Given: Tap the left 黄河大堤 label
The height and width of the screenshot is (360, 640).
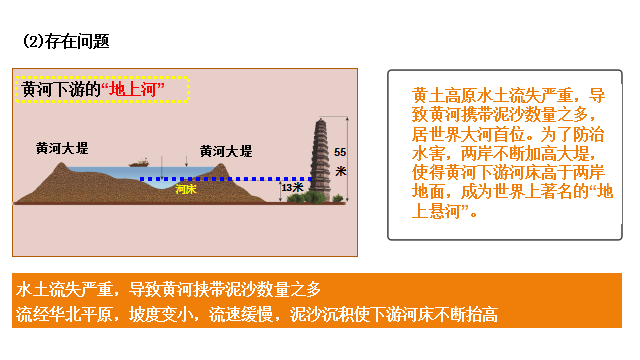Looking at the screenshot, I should point(61,147).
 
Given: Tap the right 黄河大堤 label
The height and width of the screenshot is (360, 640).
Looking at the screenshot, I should point(226,151).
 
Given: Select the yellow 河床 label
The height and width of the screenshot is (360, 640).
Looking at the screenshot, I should point(185,188).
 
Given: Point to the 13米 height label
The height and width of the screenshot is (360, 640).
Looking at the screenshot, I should point(292,187).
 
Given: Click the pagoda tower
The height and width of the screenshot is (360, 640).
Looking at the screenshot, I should point(322,150).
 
